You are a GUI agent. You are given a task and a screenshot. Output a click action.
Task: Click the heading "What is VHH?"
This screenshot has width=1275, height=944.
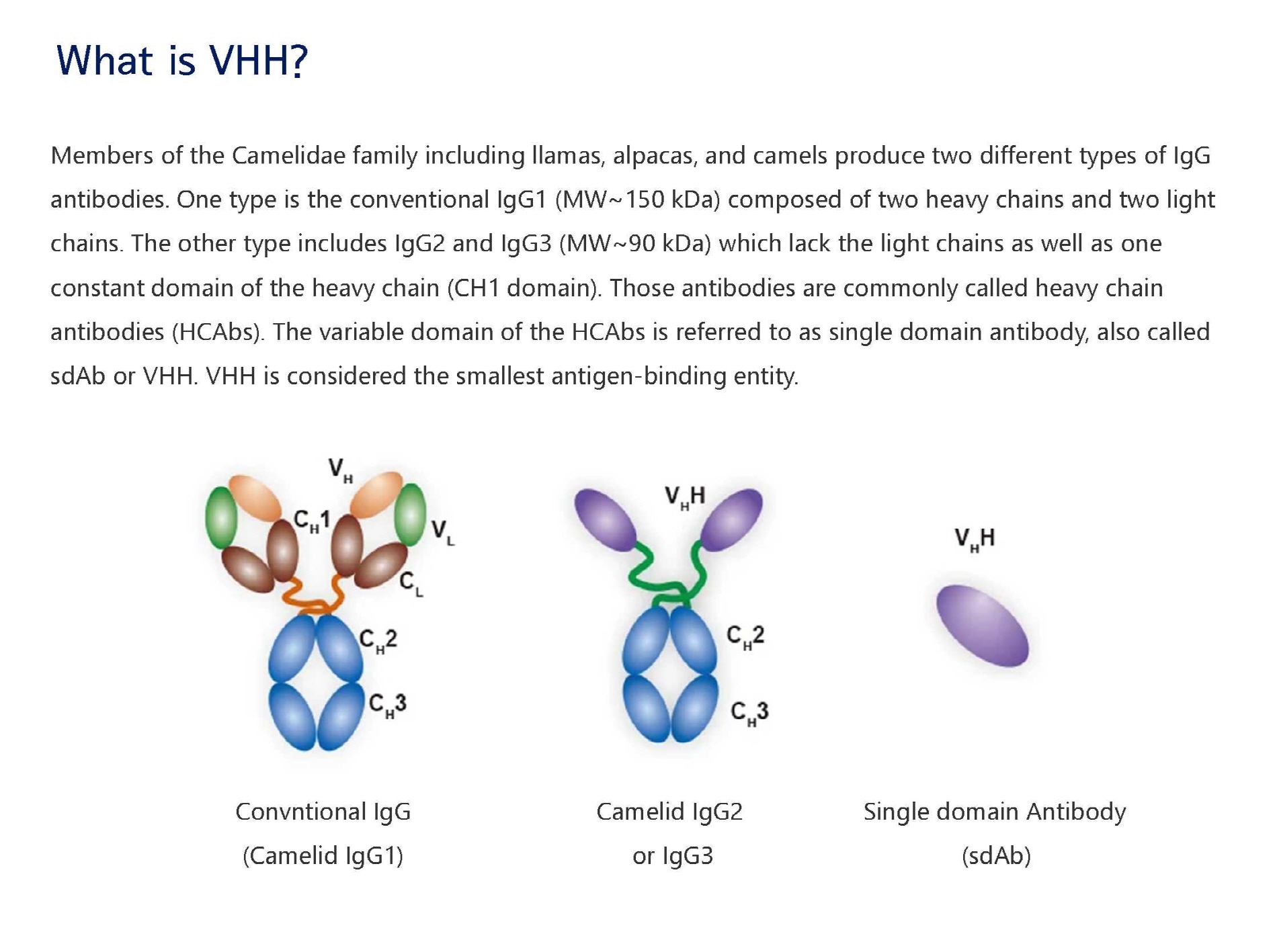(x=181, y=60)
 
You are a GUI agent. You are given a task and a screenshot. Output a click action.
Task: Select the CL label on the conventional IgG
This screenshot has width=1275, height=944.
(x=411, y=584)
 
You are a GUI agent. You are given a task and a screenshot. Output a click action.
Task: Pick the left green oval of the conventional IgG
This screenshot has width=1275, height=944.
(x=220, y=518)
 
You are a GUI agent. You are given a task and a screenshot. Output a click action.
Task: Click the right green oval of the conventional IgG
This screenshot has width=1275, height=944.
(x=410, y=515)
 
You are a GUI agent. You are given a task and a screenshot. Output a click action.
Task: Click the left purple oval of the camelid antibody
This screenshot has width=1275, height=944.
(x=606, y=520)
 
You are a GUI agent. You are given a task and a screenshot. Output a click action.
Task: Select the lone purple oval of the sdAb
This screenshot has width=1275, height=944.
(x=982, y=626)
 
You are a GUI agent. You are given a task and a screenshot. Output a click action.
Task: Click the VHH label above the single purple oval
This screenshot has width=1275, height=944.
(x=975, y=539)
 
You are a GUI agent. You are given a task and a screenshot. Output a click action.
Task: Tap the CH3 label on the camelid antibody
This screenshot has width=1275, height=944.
(x=749, y=714)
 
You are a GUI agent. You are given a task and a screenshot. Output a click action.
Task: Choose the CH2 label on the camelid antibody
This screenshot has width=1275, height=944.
(x=745, y=637)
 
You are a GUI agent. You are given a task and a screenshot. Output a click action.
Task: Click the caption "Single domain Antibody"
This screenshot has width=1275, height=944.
(x=995, y=812)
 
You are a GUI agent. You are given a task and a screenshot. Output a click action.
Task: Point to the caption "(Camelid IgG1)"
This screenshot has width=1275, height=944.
(x=323, y=856)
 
